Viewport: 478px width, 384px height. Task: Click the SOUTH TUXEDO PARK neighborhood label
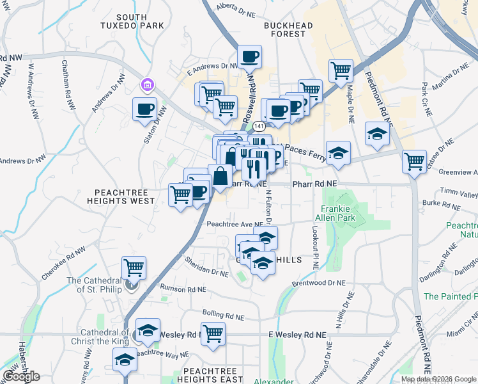[x=132, y=21]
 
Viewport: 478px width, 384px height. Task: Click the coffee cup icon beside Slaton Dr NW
[x=144, y=108]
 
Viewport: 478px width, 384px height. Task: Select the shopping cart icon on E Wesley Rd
[x=213, y=333]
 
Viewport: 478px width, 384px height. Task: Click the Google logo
[x=21, y=376]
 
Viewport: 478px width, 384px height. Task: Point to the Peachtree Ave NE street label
[x=235, y=225]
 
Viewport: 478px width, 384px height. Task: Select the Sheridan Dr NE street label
[x=206, y=267]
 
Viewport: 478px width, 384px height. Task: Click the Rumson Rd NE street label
[x=183, y=289]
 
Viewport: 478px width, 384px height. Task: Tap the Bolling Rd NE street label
[x=223, y=315]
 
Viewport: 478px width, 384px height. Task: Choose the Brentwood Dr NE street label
[x=318, y=282]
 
